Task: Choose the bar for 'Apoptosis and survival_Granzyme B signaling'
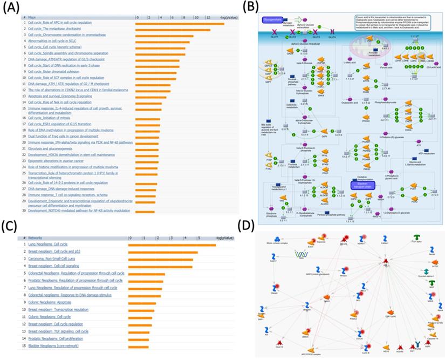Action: [152, 97]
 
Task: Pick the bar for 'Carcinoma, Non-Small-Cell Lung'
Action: [160, 259]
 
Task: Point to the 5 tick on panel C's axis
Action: [198, 238]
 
